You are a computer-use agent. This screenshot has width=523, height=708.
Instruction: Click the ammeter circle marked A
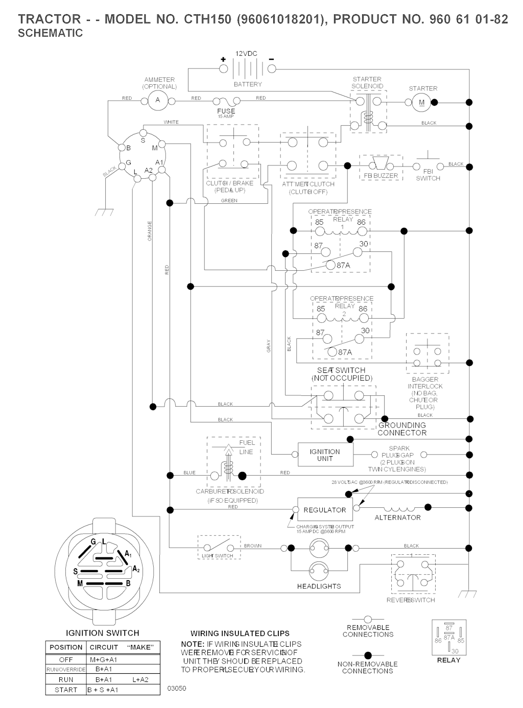(158, 100)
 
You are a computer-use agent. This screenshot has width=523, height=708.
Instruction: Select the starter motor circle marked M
(421, 102)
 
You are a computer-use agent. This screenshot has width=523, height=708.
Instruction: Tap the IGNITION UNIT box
(325, 455)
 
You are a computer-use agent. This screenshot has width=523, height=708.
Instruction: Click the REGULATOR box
(325, 510)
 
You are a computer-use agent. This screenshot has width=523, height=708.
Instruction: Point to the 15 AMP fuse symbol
(226, 102)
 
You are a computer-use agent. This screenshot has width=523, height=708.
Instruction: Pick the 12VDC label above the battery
(246, 54)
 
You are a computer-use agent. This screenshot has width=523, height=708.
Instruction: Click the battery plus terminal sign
(223, 59)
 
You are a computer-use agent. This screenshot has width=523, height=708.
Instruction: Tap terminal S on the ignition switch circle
(142, 140)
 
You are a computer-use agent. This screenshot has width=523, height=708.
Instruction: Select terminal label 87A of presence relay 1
(344, 265)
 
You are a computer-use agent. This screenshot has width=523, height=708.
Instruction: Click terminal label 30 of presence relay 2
(365, 331)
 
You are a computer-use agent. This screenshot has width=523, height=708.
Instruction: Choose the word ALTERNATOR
(397, 517)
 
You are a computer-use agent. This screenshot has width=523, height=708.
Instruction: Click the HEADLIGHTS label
(319, 586)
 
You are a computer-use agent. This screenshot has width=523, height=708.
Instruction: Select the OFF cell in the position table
(66, 659)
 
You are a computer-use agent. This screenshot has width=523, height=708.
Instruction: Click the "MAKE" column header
(140, 647)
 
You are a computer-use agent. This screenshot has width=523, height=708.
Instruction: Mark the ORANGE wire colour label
(150, 231)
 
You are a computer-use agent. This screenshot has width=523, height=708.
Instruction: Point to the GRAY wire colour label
(269, 346)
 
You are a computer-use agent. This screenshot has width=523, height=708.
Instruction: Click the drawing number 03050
(177, 688)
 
